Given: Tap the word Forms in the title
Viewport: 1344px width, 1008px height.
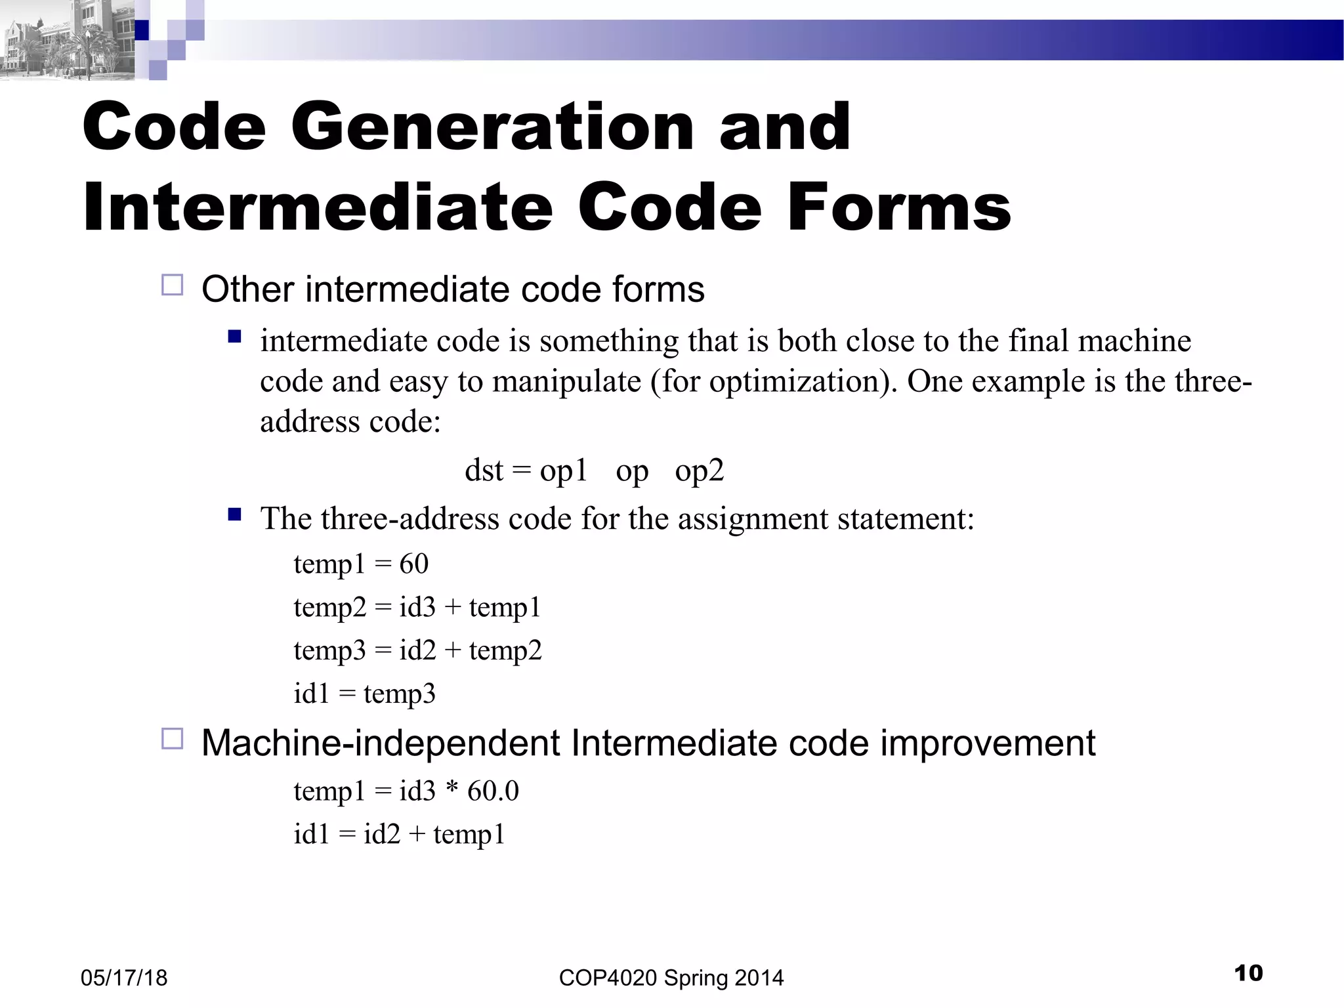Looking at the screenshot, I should pos(899,207).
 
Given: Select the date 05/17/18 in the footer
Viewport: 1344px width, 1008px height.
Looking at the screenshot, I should pos(124,978).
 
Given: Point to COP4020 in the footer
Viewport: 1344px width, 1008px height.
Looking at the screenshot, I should pos(608,978).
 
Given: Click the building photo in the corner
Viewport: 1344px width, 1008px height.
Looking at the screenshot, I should pos(66,41).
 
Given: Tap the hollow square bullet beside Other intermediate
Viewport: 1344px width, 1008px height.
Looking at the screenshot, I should pos(172,285).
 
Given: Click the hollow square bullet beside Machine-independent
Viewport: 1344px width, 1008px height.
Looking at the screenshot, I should pos(172,739).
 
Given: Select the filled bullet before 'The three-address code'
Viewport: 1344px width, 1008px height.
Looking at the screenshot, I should pos(234,514).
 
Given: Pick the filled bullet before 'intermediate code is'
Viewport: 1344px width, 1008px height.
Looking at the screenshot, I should pos(234,337).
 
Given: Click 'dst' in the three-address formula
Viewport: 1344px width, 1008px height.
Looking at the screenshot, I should pos(484,470).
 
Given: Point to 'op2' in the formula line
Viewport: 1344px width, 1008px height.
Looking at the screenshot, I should pos(699,470).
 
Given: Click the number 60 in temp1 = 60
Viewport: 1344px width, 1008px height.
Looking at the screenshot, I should pos(413,564).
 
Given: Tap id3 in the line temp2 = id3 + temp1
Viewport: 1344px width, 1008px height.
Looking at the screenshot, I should pos(417,607).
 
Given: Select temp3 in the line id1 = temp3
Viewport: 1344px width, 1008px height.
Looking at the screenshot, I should pos(399,694).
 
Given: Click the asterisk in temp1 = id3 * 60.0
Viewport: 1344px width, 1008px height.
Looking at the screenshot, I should pos(451,790).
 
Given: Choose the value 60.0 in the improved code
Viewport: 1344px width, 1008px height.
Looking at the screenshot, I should pos(493,791).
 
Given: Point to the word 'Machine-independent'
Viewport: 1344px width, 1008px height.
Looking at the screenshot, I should pos(381,744).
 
